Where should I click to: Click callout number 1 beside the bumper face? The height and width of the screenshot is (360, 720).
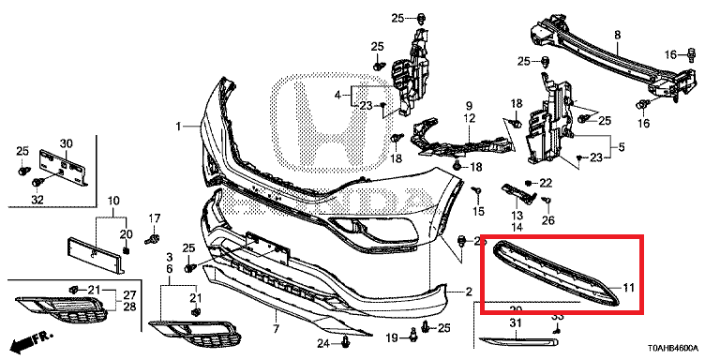177,126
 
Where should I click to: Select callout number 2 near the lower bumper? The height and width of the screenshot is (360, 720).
469,292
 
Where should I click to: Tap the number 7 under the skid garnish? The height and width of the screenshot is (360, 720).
276,329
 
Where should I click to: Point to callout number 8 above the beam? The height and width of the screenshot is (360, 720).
617,36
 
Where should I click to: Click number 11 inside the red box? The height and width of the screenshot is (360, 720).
629,286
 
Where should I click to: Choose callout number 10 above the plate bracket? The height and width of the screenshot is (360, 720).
112,201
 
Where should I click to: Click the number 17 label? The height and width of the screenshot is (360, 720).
156,218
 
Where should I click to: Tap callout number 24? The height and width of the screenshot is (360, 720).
322,344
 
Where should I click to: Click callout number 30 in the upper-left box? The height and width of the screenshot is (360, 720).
66,142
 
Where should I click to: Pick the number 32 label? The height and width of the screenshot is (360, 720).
37,199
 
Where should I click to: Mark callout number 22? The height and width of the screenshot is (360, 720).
546,182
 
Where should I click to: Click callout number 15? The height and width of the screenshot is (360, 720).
479,212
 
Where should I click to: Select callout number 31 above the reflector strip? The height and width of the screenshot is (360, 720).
514,323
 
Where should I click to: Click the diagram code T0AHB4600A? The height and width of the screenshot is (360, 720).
669,347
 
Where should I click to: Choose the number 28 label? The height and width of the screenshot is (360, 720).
129,307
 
